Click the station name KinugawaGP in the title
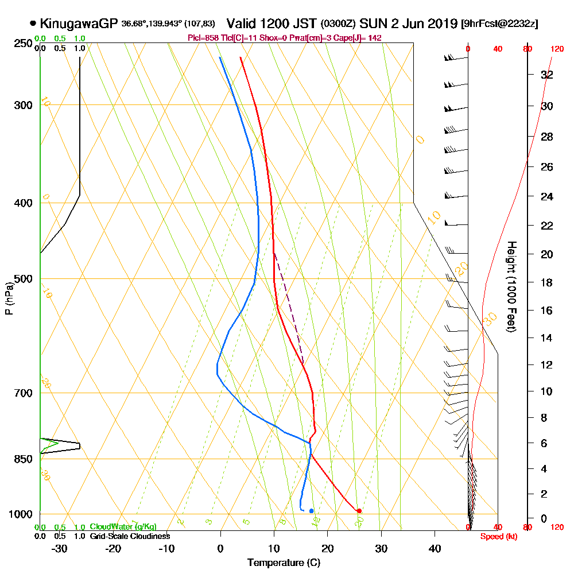(x=79, y=24)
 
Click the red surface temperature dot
(x=359, y=510)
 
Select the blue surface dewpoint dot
(x=311, y=510)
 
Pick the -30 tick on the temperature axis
(x=60, y=548)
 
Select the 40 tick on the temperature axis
(x=435, y=548)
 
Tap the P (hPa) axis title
(x=9, y=298)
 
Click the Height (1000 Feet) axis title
(x=510, y=287)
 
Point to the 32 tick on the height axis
(x=548, y=75)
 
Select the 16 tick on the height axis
(x=548, y=311)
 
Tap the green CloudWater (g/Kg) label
(x=123, y=527)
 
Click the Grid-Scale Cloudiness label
(x=130, y=536)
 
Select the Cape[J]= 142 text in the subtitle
(x=359, y=38)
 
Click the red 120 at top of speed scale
(x=557, y=49)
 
